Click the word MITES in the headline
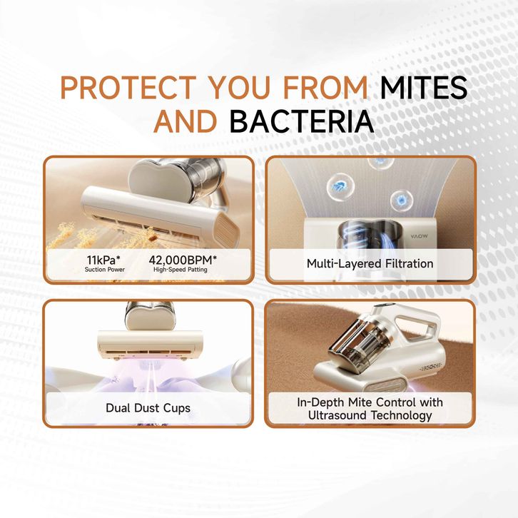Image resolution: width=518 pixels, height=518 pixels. pyautogui.click(x=424, y=87)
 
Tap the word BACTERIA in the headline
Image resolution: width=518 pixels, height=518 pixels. pyautogui.click(x=302, y=121)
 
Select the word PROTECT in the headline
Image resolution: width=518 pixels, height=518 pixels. pyautogui.click(x=128, y=87)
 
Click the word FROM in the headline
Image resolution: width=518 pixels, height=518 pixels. pyautogui.click(x=325, y=87)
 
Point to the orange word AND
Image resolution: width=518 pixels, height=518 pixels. pyautogui.click(x=186, y=121)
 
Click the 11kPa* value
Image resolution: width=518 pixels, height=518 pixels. pyautogui.click(x=103, y=260)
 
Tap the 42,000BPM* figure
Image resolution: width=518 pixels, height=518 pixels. pyautogui.click(x=183, y=260)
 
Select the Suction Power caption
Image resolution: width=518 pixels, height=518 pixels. pyautogui.click(x=105, y=270)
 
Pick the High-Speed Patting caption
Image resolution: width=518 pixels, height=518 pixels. pyautogui.click(x=181, y=270)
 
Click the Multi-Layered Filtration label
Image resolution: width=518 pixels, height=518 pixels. pyautogui.click(x=370, y=263)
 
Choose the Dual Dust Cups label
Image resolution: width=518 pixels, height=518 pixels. pyautogui.click(x=148, y=408)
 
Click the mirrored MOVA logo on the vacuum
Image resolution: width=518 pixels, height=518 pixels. pyautogui.click(x=420, y=236)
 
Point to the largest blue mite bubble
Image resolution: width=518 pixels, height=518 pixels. pyautogui.click(x=340, y=187)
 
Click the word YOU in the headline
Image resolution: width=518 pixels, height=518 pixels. pyautogui.click(x=240, y=87)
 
